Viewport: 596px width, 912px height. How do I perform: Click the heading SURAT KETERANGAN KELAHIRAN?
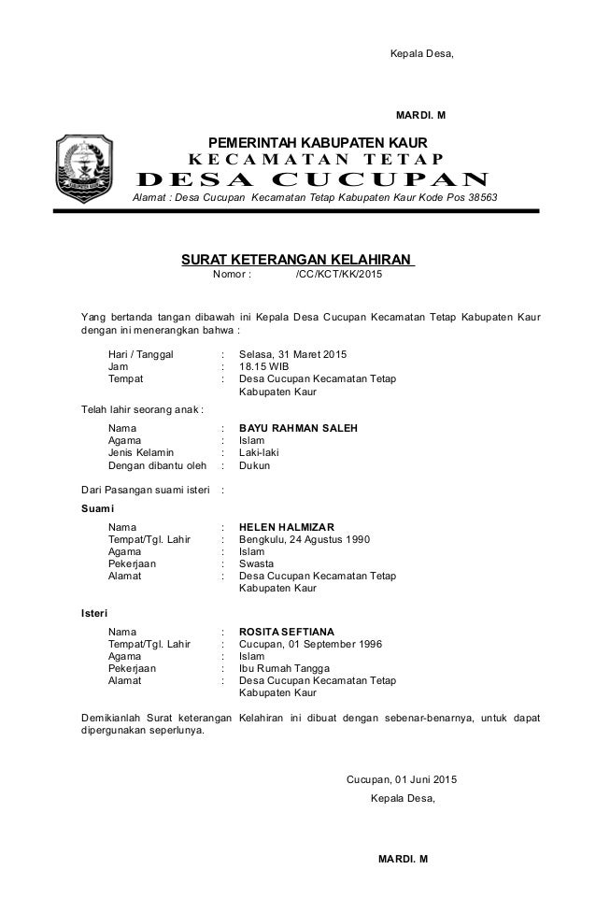298,259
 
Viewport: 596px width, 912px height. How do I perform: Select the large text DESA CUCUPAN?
313,180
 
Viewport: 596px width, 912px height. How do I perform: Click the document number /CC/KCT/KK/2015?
338,276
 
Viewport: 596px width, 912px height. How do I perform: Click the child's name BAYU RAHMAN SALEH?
298,428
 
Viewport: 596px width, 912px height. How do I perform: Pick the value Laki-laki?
259,452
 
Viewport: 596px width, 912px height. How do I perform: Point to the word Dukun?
254,465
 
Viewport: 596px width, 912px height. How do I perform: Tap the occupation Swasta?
256,564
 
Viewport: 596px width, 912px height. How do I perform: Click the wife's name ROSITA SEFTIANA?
287,632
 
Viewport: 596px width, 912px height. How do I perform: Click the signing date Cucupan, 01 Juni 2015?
402,779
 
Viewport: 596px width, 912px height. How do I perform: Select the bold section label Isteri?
91,613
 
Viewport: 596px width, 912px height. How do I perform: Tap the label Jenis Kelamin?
141,452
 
